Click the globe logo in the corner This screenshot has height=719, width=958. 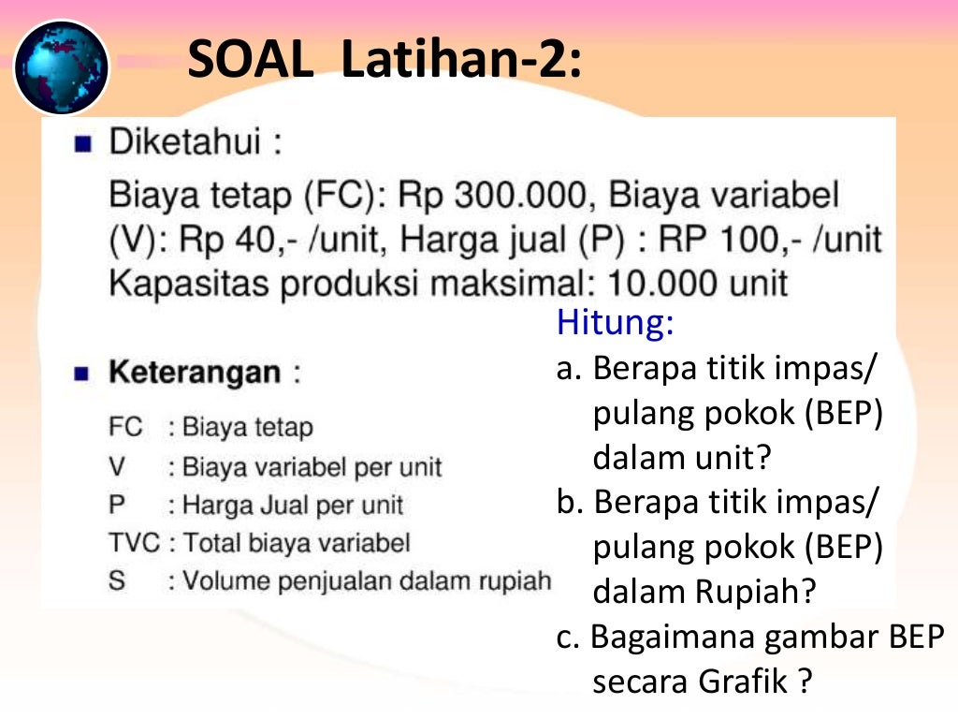pos(62,67)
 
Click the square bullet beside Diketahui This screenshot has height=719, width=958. pos(83,145)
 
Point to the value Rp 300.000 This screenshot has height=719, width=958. pos(495,196)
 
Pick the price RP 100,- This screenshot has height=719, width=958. pos(720,240)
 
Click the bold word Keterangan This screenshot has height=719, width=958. pos(195,372)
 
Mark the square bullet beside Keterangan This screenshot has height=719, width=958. pos(83,374)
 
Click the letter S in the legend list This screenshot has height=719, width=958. pos(117,580)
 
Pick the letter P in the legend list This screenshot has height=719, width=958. pos(117,505)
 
